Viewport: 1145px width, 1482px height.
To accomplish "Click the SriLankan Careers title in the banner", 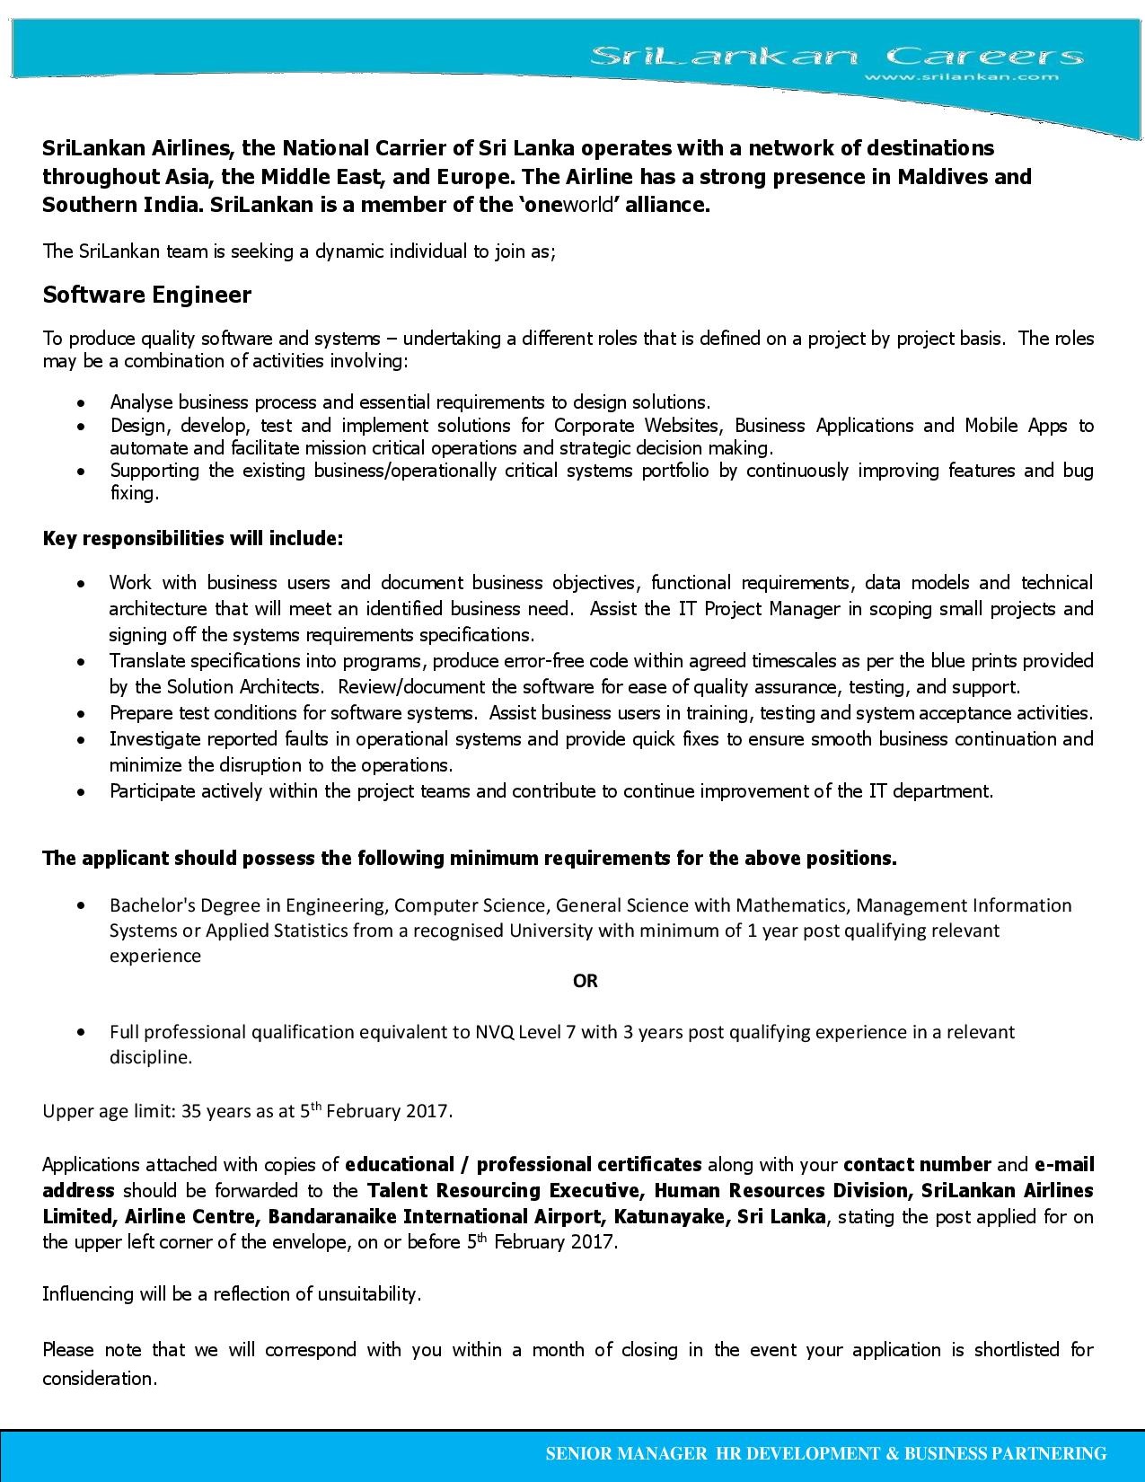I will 835,57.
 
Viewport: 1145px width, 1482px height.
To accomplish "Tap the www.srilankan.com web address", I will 960,77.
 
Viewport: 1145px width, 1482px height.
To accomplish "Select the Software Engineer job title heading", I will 147,295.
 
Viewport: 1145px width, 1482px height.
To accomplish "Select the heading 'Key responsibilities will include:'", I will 193,539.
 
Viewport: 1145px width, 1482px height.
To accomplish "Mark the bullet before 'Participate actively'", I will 83,792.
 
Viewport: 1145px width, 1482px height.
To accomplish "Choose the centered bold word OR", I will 586,981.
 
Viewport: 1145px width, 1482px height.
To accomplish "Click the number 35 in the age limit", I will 191,1111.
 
